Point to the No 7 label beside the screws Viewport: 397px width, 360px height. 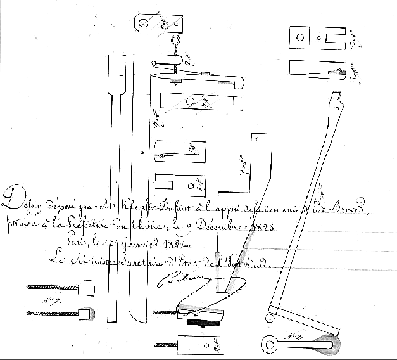tap(46, 301)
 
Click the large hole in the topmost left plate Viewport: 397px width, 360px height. tap(146, 23)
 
